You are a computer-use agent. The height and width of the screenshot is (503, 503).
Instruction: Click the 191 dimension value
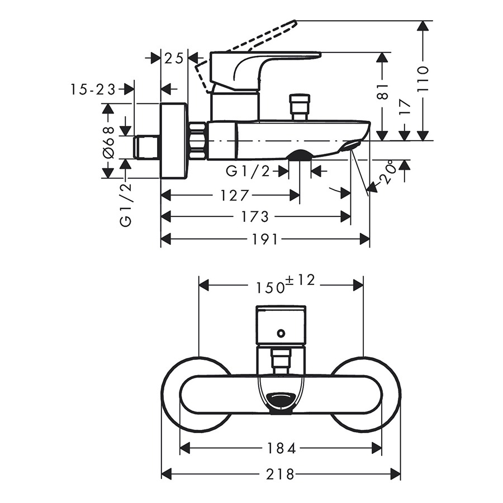point(264,239)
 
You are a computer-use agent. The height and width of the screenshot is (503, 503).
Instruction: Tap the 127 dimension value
point(235,196)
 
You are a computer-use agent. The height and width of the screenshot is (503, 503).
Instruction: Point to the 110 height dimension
point(423,79)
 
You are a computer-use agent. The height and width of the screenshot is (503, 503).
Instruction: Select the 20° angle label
point(387,174)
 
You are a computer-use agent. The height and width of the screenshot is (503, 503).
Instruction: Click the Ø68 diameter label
point(108,142)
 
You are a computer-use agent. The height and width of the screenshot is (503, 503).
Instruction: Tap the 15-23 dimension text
point(93,89)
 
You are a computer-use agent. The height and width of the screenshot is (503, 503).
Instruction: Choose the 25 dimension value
point(174,58)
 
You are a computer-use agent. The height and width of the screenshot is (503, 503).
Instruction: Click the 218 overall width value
point(280,474)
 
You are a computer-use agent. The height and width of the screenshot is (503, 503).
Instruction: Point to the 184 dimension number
point(281,448)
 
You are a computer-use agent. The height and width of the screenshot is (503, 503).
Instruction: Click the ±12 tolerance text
point(300,280)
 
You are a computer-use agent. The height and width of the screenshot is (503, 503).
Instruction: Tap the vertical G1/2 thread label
point(126,205)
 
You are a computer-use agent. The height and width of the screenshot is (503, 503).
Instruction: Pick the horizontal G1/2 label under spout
point(248,172)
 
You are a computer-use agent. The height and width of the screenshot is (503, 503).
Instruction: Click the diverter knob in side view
point(300,107)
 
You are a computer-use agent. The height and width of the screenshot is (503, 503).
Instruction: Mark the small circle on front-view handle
point(281,334)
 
